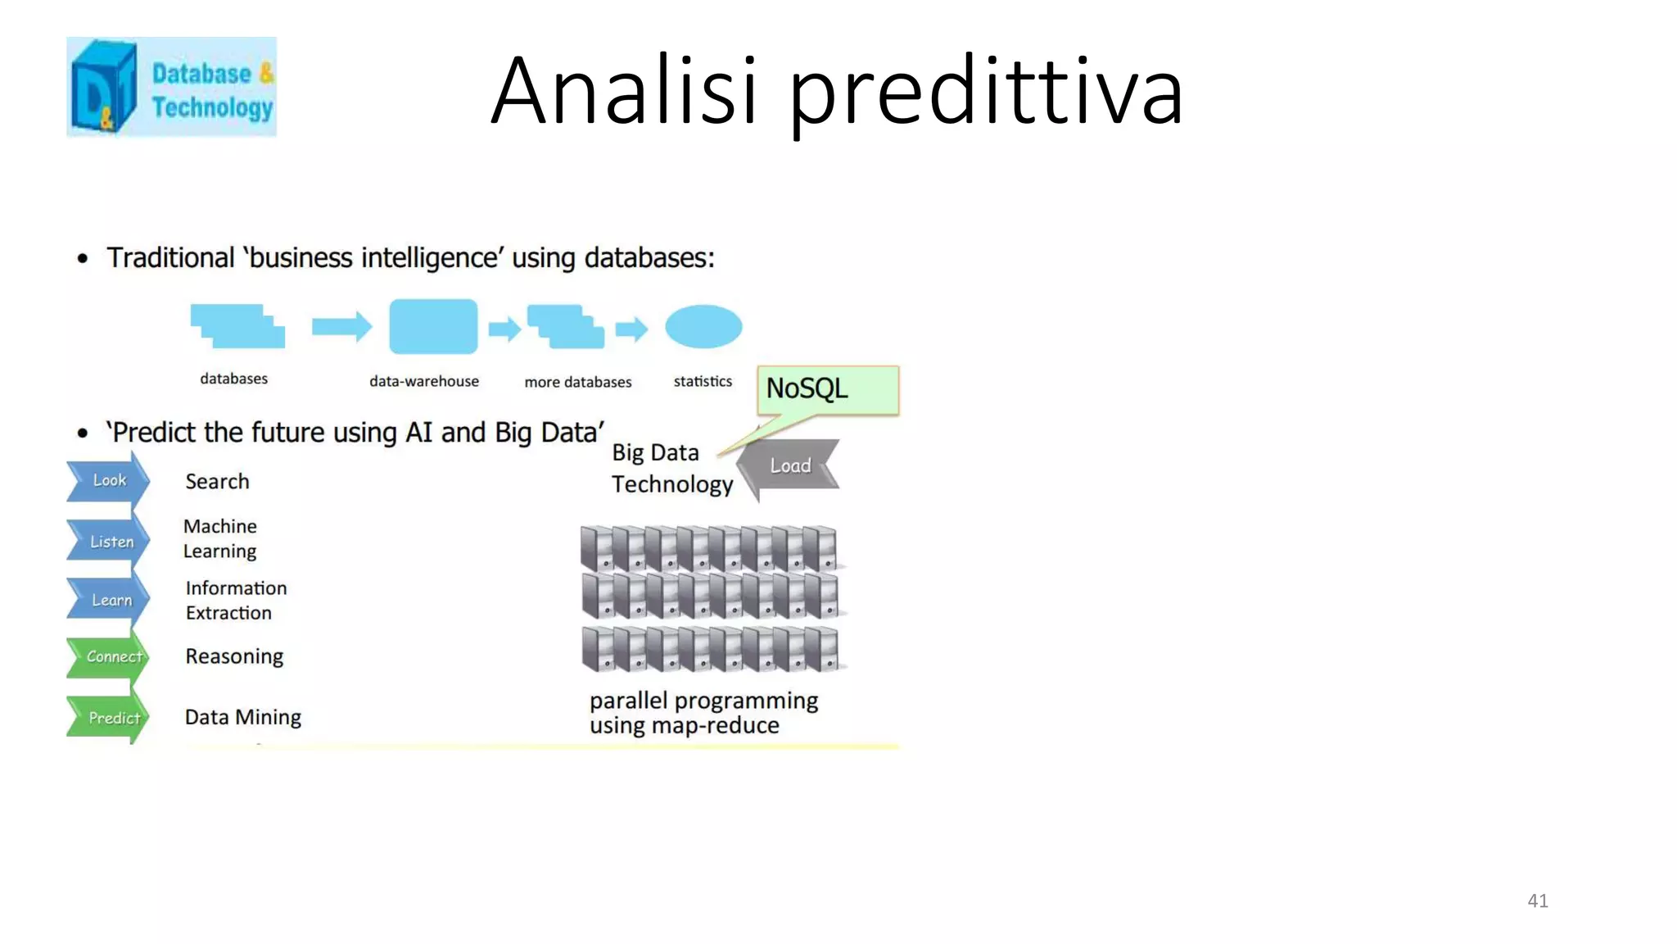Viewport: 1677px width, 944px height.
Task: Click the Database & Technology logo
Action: pos(171,87)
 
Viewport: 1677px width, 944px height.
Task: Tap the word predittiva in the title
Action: pos(986,93)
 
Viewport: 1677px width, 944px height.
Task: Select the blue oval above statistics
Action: pos(703,326)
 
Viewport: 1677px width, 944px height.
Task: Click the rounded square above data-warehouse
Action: pos(433,326)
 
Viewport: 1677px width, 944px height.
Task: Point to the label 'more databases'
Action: pos(578,382)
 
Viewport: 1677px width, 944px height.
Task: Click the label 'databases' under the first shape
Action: pos(234,379)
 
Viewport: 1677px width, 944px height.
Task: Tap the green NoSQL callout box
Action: pos(828,389)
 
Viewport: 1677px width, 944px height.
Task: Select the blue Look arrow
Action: pos(108,480)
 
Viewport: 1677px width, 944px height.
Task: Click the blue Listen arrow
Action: pos(110,542)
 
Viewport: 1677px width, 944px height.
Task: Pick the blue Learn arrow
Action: pos(110,600)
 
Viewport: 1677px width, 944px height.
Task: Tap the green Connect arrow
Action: pos(110,656)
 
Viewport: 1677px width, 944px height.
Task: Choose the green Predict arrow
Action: pos(110,718)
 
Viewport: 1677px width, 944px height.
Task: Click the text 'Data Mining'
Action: pos(243,717)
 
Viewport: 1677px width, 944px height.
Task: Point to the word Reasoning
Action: pos(234,656)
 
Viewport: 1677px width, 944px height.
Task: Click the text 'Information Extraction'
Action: pos(236,601)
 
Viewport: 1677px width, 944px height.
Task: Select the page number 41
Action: pos(1537,901)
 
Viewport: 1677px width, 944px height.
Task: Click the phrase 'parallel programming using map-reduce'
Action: pos(703,713)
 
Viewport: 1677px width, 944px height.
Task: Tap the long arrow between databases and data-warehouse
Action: pos(341,327)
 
